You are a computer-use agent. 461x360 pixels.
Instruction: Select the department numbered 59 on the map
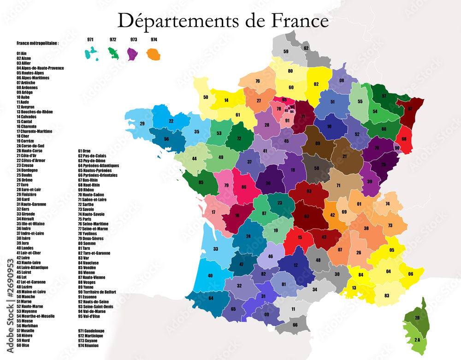(x=286, y=51)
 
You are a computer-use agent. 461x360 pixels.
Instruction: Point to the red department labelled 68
(x=404, y=139)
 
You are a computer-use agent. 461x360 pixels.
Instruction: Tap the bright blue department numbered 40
(x=210, y=276)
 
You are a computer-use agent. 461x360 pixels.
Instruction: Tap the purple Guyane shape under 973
(x=133, y=53)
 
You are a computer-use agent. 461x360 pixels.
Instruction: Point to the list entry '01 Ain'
(x=21, y=53)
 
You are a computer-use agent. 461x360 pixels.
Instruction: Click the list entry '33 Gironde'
(x=26, y=214)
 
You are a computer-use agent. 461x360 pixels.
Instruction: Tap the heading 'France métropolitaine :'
(x=37, y=43)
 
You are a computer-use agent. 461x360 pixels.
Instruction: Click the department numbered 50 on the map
(x=206, y=97)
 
